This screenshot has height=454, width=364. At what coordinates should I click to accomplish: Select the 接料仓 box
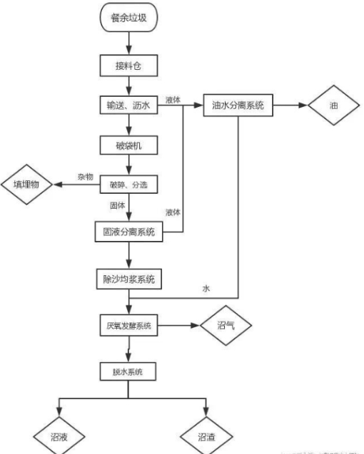(128, 66)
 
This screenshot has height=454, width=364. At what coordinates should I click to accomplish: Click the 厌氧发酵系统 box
(128, 326)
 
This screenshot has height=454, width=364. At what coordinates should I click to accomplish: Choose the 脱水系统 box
(128, 372)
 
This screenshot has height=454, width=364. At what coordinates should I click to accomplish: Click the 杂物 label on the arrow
(86, 176)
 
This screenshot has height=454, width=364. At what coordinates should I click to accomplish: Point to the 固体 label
(116, 205)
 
